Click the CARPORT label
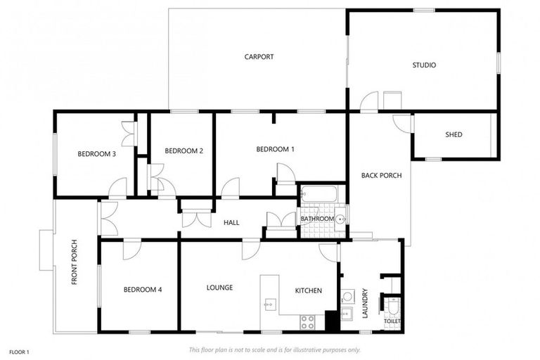(x=259, y=57)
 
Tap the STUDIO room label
(x=424, y=65)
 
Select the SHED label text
(x=454, y=134)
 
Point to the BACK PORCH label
(x=381, y=175)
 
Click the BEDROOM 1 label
(x=275, y=149)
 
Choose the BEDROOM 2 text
(x=184, y=150)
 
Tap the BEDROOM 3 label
(x=96, y=154)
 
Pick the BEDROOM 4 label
(x=143, y=289)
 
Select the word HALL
(x=231, y=223)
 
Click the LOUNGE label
(x=219, y=288)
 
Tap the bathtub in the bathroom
(x=320, y=193)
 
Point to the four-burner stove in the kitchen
(x=308, y=321)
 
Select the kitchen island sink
(x=269, y=304)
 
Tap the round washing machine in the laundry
(x=347, y=296)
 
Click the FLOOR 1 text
(x=19, y=351)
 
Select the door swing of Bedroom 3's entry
(x=118, y=188)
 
